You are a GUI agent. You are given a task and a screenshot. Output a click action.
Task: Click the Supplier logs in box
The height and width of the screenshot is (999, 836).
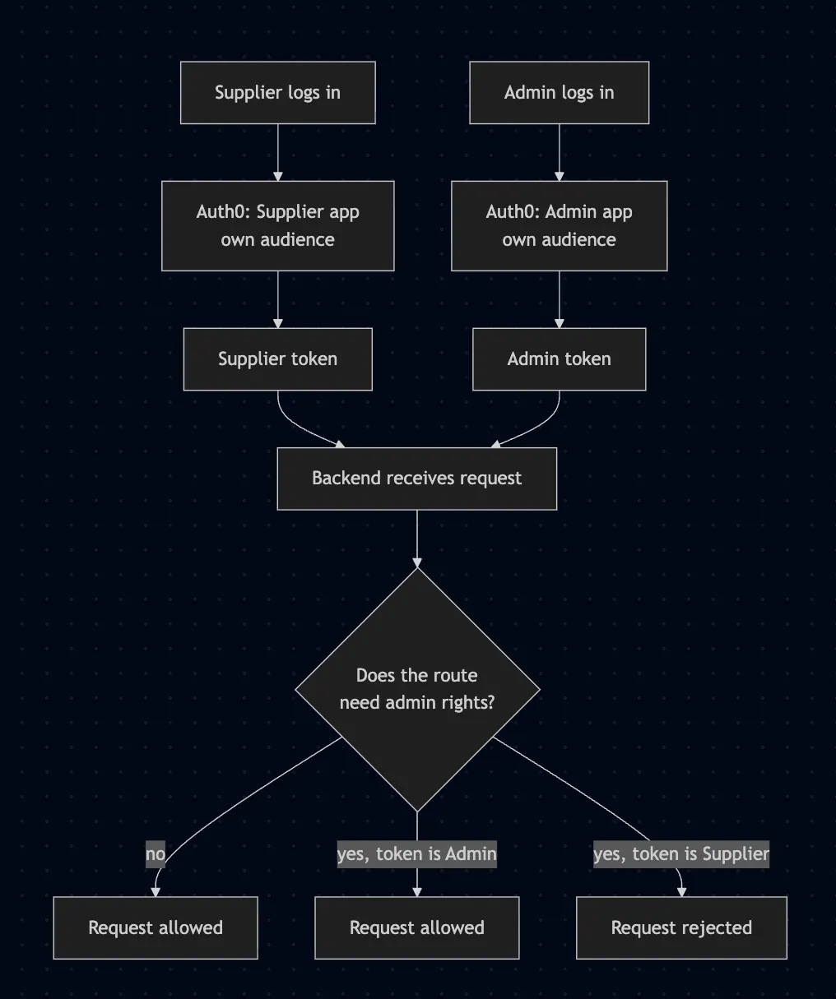[278, 92]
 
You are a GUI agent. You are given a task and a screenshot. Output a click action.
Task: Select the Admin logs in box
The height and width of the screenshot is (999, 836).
[560, 92]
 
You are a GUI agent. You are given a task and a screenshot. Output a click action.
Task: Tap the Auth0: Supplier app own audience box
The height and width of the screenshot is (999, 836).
[278, 226]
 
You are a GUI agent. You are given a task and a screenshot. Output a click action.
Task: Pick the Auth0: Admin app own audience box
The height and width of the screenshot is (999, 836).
[560, 226]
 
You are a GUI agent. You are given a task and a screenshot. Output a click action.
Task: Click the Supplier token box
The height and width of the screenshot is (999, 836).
[278, 359]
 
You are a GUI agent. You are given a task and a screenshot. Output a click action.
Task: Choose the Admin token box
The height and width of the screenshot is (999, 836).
[560, 359]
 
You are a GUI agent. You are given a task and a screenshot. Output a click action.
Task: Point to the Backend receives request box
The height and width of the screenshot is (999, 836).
[417, 479]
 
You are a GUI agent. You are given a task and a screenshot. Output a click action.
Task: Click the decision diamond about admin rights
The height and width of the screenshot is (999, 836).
[417, 690]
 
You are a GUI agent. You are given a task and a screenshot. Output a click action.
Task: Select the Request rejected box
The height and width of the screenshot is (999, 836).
[681, 927]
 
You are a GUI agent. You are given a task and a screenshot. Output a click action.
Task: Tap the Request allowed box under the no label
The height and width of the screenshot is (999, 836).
[156, 927]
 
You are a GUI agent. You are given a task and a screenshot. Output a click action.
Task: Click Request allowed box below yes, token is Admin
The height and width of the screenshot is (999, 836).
[417, 927]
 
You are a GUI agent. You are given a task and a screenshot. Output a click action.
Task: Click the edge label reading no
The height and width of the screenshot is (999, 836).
[156, 854]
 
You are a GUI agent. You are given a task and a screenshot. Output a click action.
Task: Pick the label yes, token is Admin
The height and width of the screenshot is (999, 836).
[417, 854]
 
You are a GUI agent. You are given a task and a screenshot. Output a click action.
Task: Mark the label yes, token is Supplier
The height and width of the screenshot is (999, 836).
[681, 854]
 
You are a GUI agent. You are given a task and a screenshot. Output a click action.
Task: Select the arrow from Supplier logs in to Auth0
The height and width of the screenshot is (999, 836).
[278, 152]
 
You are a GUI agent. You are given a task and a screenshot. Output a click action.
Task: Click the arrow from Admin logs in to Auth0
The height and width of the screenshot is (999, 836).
[560, 152]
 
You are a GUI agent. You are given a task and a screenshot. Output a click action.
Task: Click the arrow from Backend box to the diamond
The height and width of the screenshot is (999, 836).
[417, 539]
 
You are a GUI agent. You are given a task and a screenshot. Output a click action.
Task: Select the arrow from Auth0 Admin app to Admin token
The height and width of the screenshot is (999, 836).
[560, 299]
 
